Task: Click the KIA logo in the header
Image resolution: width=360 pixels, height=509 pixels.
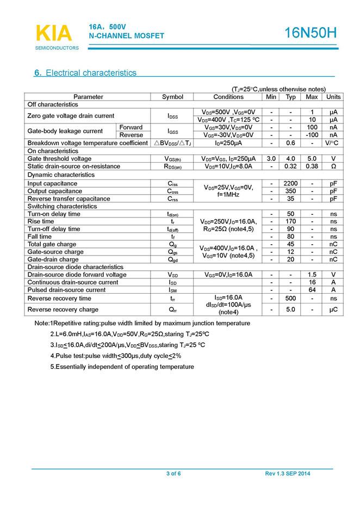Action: [x=53, y=33]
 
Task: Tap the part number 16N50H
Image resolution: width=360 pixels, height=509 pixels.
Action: [x=311, y=33]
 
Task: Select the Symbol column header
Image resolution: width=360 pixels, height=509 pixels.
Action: [x=172, y=97]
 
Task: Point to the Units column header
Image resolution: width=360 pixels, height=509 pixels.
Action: [x=333, y=97]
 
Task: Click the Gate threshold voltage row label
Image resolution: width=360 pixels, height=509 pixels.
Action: [x=59, y=159]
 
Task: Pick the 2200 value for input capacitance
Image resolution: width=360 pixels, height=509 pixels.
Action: [x=291, y=184]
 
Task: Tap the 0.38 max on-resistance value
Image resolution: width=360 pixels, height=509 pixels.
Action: [x=312, y=166]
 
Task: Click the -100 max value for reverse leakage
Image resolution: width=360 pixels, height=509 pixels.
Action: [x=312, y=135]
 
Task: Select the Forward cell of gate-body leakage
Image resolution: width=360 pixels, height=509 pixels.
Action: [x=131, y=127]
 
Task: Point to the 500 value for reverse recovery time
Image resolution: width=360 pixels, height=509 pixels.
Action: [x=291, y=299]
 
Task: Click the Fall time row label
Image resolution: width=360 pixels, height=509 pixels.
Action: [x=40, y=237]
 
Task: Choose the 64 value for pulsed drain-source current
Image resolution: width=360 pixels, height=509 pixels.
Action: [x=312, y=290]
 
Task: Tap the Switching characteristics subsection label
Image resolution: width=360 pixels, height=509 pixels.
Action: [x=62, y=207]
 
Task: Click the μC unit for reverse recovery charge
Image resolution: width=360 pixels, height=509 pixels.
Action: [x=333, y=309]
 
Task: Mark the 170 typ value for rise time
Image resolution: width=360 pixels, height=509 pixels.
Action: [x=291, y=222]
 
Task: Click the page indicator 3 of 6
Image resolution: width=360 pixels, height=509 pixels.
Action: [x=173, y=474]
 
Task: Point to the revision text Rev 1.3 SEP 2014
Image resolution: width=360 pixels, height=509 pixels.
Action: [x=288, y=474]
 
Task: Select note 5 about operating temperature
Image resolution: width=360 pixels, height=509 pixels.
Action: [x=122, y=367]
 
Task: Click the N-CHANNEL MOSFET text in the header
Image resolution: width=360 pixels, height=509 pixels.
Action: [x=126, y=36]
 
